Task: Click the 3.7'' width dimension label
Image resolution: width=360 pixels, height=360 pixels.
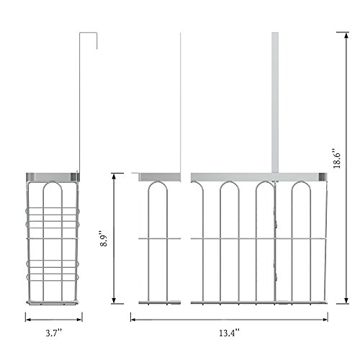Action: pyautogui.click(x=54, y=333)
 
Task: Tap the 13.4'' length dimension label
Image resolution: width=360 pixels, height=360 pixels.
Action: pyautogui.click(x=229, y=333)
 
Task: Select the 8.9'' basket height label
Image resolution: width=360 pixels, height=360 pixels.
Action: pyautogui.click(x=104, y=239)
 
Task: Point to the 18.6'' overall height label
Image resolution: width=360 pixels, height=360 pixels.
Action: pyautogui.click(x=337, y=158)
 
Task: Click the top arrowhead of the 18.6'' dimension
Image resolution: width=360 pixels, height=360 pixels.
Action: pyautogui.click(x=346, y=35)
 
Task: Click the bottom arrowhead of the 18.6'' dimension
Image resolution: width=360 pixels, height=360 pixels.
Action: pyautogui.click(x=346, y=301)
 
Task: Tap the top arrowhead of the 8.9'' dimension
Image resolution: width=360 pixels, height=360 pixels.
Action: pyautogui.click(x=114, y=176)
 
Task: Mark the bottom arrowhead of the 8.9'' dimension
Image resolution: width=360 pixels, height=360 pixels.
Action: pyautogui.click(x=114, y=301)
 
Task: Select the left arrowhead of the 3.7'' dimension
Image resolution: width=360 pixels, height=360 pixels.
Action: pyautogui.click(x=28, y=320)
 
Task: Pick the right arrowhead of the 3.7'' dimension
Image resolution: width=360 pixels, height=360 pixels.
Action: pyautogui.click(x=79, y=320)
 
